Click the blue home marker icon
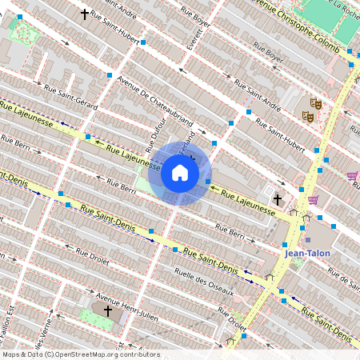[x=180, y=172]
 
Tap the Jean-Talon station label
[x=307, y=253]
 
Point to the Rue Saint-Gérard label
[x=71, y=97]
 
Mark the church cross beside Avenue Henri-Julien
[x=108, y=310]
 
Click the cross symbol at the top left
[x=84, y=14]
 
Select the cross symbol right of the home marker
[x=278, y=198]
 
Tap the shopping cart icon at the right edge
[x=352, y=176]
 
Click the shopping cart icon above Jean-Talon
[x=313, y=199]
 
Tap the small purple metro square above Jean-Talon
[x=307, y=239]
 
